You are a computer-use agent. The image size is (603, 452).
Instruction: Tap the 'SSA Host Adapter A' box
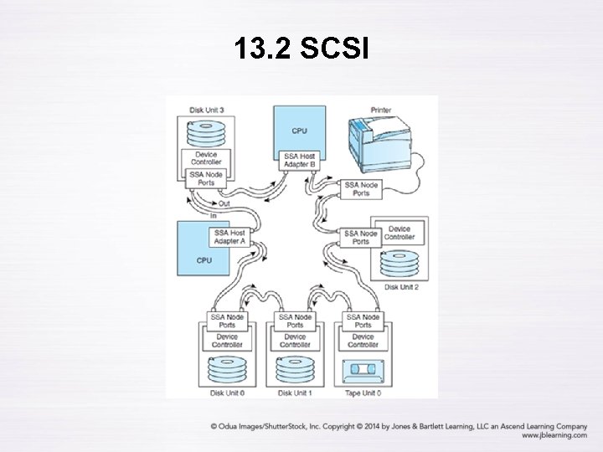coord(229,237)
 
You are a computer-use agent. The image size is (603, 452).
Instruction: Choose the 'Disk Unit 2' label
coord(402,287)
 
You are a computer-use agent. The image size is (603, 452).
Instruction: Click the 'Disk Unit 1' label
coord(295,393)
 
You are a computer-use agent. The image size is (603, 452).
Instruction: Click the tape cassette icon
coord(363,368)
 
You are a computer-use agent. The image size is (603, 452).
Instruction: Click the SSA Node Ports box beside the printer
coord(361,188)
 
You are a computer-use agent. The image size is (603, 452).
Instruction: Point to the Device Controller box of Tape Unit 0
coord(363,341)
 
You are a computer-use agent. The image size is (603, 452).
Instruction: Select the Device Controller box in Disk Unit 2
coord(398,233)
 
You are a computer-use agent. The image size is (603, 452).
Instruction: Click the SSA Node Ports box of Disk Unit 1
coord(295,321)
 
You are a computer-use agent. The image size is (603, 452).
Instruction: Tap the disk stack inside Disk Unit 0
coord(225,369)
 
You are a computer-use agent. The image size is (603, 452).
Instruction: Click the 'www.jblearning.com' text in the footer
coord(554,435)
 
